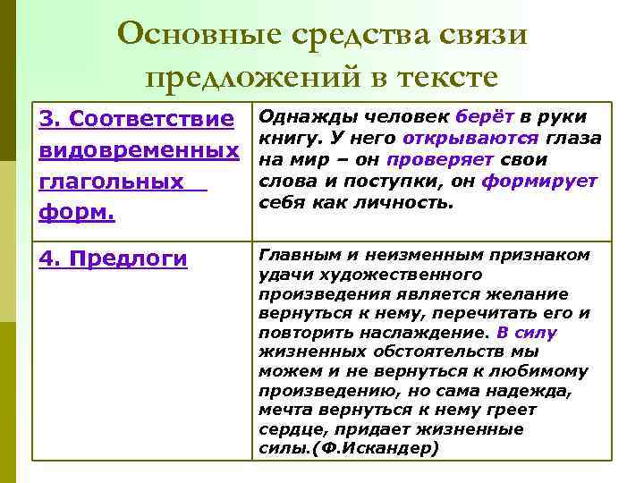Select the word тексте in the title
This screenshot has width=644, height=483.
442,78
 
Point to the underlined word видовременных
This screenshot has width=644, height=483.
131,150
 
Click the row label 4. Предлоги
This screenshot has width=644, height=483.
111,258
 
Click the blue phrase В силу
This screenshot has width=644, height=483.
526,332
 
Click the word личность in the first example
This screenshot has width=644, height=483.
410,202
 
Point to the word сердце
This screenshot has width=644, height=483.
289,428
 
